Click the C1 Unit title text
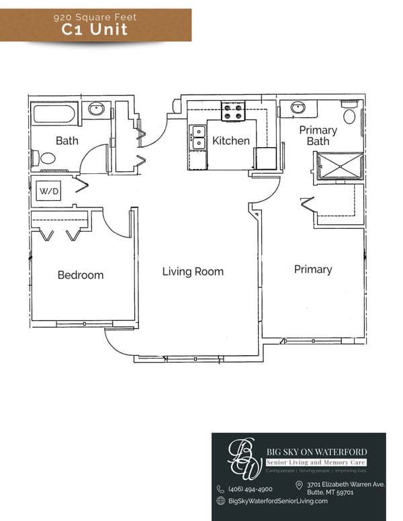[x=95, y=29]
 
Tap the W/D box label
[x=50, y=191]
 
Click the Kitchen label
[x=230, y=141]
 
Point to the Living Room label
[x=193, y=271]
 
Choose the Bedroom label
[x=81, y=275]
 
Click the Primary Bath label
[x=318, y=136]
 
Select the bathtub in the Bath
[x=54, y=112]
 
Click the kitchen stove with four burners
[x=233, y=111]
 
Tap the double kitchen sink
[x=198, y=136]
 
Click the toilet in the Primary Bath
[x=349, y=114]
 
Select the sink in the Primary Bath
[x=297, y=107]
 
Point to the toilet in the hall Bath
[x=46, y=158]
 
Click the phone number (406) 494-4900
[x=250, y=489]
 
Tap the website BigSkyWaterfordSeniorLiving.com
[x=277, y=501]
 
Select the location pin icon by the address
[x=299, y=485]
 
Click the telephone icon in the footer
[x=220, y=489]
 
